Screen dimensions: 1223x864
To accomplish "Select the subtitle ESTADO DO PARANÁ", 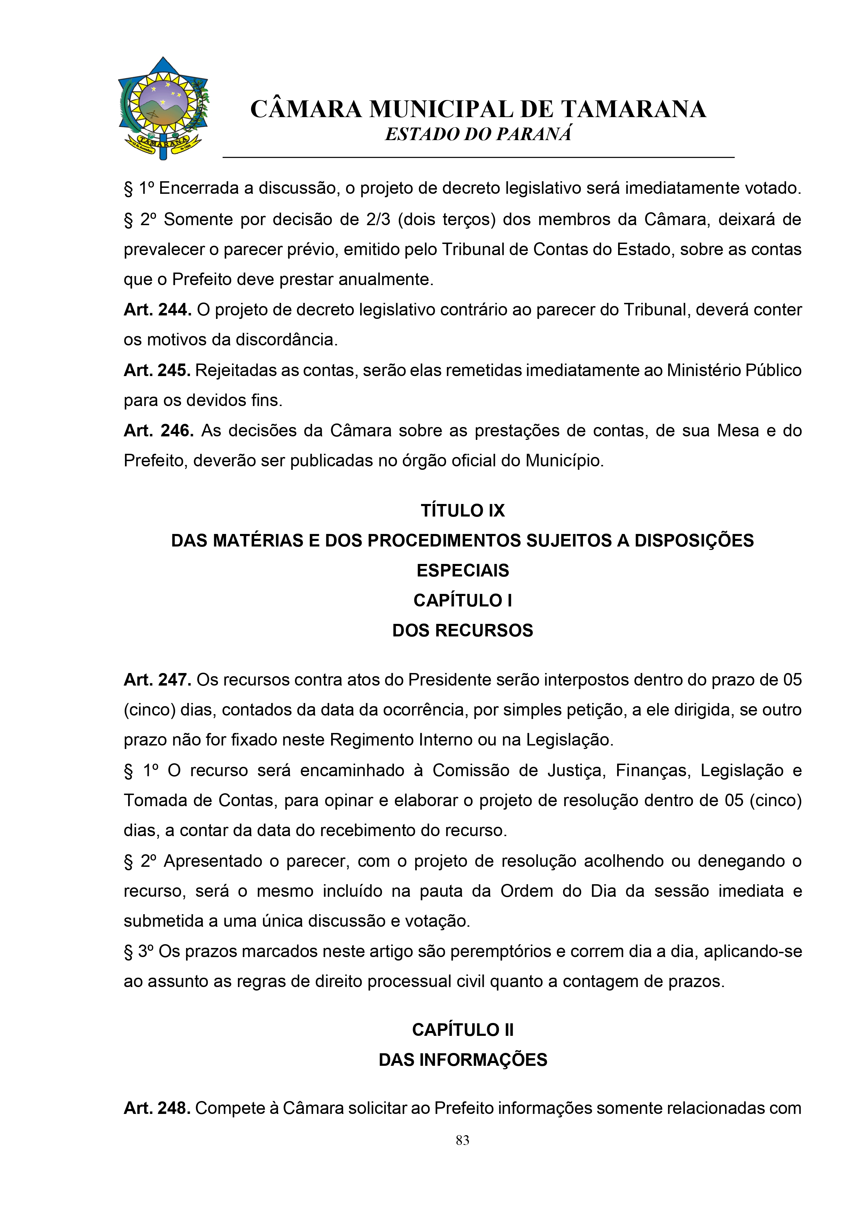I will coord(478,134).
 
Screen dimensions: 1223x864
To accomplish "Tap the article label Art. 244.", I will coord(157,309).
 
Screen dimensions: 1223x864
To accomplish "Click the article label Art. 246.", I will coord(158,430).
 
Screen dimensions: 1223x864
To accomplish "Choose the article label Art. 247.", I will coord(157,680).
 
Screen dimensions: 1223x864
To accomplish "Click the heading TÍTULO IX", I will coord(462,510).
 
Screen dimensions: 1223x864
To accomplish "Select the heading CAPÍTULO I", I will coord(462,600).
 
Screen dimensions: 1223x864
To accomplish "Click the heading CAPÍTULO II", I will coord(462,1030).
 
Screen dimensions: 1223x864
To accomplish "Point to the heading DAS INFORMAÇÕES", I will coord(462,1060).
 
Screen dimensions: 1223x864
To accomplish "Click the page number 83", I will coord(462,1140).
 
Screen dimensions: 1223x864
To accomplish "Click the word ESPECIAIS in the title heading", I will coord(462,571).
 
